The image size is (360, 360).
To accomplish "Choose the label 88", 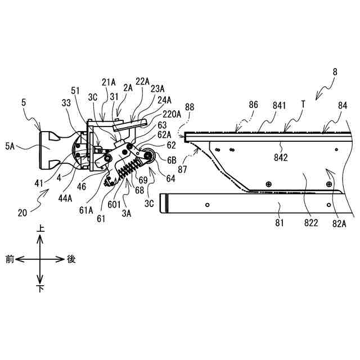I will pos(190,107).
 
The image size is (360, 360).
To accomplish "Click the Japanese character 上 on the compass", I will pos(40,228).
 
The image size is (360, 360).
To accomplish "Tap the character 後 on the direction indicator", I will pos(71,259).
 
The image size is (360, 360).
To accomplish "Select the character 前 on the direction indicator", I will pos(10,259).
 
